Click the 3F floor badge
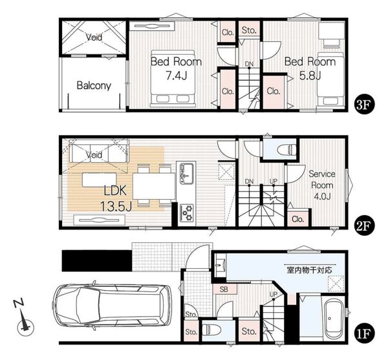click(364, 104)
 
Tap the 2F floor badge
click(364, 226)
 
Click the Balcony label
click(94, 85)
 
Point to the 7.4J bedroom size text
click(176, 75)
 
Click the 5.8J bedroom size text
click(310, 75)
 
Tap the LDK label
click(115, 191)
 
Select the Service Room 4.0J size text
click(322, 196)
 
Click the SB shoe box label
click(224, 289)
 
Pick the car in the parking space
click(112, 305)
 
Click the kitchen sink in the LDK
click(187, 174)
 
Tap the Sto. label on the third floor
click(249, 30)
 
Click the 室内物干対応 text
click(309, 270)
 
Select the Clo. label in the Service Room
click(297, 219)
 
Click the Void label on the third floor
click(94, 37)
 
